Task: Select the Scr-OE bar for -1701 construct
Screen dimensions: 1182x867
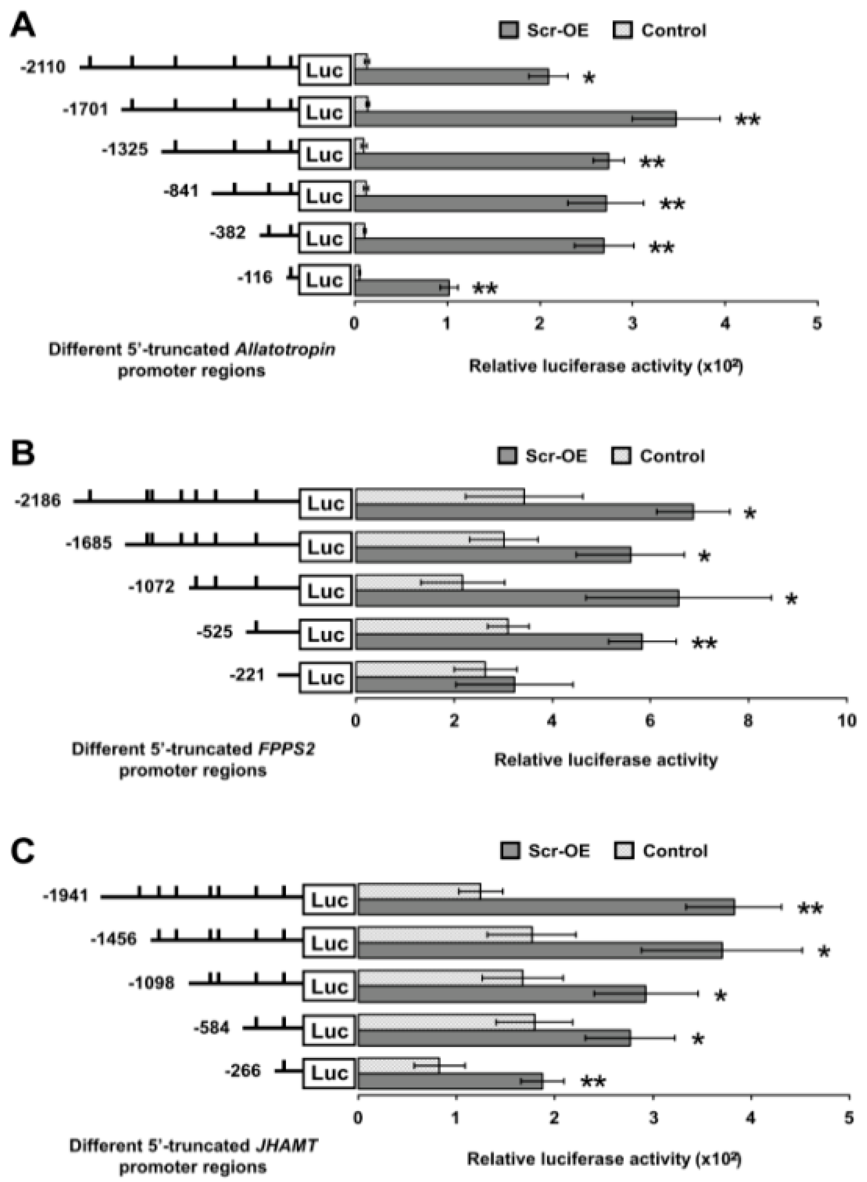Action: click(x=514, y=119)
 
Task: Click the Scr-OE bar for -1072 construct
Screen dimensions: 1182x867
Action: click(x=517, y=598)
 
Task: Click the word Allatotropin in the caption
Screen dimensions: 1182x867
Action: click(x=285, y=349)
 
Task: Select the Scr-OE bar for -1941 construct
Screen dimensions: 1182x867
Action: click(x=546, y=907)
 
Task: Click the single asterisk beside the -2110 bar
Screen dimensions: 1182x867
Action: click(x=589, y=78)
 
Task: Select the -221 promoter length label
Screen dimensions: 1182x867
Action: click(x=247, y=675)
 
